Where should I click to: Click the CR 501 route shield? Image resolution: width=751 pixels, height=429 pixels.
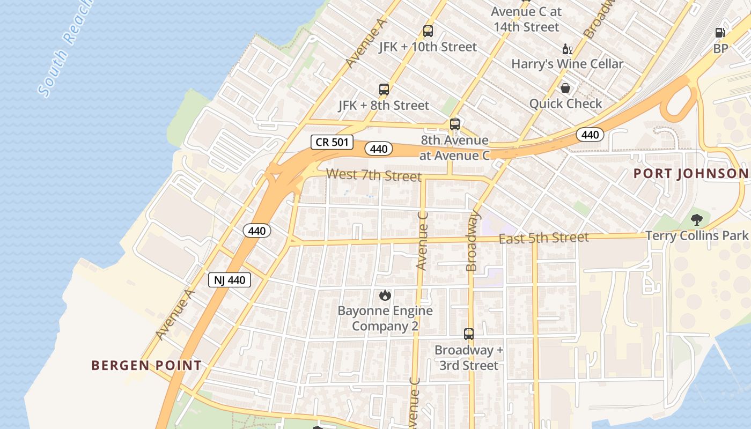click(x=333, y=142)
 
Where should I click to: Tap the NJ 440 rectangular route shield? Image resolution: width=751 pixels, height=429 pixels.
click(x=230, y=280)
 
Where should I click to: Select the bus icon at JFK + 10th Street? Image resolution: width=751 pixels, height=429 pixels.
click(x=428, y=31)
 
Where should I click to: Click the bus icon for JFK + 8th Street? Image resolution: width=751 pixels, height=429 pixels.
click(x=384, y=90)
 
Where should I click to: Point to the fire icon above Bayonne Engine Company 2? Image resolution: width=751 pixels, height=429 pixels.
click(x=385, y=295)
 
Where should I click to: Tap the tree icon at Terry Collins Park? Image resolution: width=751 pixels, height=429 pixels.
click(x=697, y=219)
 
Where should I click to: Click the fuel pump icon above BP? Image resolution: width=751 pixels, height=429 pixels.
click(x=720, y=33)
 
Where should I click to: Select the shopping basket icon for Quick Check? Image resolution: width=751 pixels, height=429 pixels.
click(x=565, y=88)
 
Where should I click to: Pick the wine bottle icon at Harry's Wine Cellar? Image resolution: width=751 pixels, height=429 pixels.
click(x=568, y=49)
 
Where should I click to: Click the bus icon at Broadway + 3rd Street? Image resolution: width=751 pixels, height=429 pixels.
click(x=469, y=334)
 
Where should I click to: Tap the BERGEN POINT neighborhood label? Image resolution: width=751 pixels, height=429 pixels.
click(x=146, y=366)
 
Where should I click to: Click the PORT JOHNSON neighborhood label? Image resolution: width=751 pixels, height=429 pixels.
click(x=691, y=174)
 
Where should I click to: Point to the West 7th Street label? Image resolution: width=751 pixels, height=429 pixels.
click(x=373, y=175)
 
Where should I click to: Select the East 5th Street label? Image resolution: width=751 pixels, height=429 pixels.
click(x=543, y=238)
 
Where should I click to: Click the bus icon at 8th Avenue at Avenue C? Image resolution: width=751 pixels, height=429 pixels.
click(x=455, y=124)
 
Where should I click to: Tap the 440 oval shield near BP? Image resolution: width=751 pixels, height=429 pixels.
click(x=590, y=135)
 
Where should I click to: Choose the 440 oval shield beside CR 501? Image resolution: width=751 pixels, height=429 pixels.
click(x=379, y=149)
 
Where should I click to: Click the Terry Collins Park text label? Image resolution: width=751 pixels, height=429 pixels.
click(x=696, y=235)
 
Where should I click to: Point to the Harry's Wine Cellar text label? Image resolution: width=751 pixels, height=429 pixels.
click(x=567, y=64)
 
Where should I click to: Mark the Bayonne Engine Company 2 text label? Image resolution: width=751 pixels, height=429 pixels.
click(x=385, y=318)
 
